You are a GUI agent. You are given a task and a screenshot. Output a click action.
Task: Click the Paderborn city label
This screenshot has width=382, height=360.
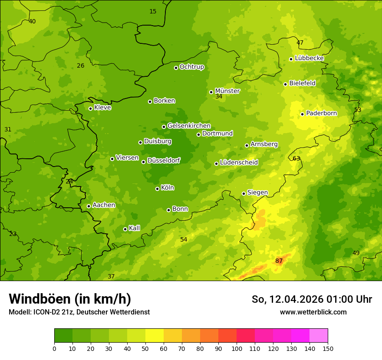click(x=321, y=113)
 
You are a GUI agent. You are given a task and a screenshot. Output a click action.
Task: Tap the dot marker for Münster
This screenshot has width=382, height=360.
click(x=211, y=92)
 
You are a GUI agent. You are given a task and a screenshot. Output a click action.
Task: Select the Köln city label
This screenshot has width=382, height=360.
click(x=167, y=188)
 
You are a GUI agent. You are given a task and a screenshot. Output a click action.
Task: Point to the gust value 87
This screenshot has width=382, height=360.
click(x=279, y=261)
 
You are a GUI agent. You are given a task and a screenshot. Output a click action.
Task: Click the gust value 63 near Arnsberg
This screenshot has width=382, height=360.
click(x=296, y=158)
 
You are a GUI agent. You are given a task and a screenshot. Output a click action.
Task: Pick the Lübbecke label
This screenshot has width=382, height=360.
click(x=309, y=58)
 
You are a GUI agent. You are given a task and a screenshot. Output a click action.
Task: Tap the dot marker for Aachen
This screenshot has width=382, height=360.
click(x=89, y=206)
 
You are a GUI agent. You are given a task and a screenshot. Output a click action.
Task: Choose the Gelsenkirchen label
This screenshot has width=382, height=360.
click(x=189, y=126)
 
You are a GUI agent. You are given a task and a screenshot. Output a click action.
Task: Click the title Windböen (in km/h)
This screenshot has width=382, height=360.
click(x=70, y=299)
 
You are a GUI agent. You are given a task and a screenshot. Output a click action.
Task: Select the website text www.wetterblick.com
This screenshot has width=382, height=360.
click(x=313, y=312)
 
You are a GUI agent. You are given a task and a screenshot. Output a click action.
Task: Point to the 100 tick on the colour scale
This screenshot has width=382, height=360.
click(x=237, y=348)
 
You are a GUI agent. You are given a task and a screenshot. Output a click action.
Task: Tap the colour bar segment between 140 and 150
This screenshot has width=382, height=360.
click(x=319, y=335)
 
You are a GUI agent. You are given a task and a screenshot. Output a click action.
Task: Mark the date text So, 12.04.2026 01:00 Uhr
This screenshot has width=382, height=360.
click(x=312, y=299)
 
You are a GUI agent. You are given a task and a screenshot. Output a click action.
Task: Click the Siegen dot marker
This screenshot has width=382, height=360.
click(x=244, y=193)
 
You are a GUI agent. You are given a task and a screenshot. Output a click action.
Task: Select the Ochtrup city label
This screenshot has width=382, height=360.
click(x=191, y=67)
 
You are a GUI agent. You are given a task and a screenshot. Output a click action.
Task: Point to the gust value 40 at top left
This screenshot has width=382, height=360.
click(x=32, y=21)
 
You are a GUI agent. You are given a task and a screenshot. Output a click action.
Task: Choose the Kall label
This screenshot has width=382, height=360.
click(x=134, y=228)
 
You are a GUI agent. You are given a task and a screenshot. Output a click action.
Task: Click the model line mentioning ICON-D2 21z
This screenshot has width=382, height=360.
click(x=79, y=312)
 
